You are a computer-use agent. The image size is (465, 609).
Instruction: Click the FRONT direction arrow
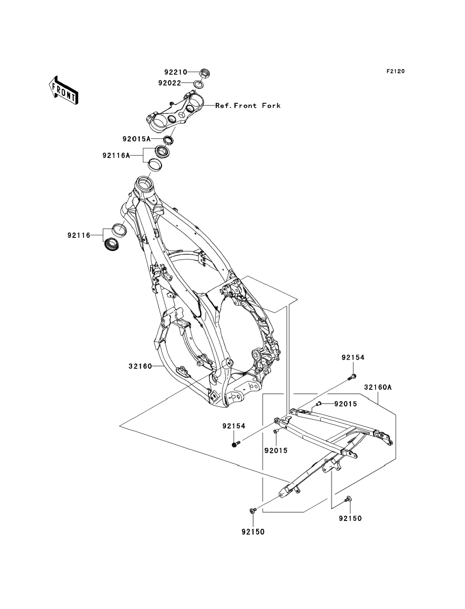pyautogui.click(x=63, y=90)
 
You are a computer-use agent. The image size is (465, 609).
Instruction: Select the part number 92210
pyautogui.click(x=176, y=72)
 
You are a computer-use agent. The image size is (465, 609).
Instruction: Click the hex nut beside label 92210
pyautogui.click(x=205, y=73)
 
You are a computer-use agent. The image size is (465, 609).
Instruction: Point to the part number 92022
pyautogui.click(x=170, y=83)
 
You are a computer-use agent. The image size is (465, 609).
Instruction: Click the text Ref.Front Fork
pyautogui.click(x=248, y=105)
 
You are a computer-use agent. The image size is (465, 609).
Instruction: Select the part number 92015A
pyautogui.click(x=137, y=139)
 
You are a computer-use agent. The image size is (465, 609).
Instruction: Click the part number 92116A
pyautogui.click(x=116, y=155)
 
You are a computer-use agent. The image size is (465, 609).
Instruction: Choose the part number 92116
pyautogui.click(x=79, y=235)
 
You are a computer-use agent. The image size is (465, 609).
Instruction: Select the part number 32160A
pyautogui.click(x=378, y=387)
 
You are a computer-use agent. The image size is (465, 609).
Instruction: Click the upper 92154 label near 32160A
pyautogui.click(x=353, y=357)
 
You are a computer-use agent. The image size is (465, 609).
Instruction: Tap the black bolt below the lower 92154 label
pyautogui.click(x=236, y=444)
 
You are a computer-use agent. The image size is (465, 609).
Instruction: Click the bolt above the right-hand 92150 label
pyautogui.click(x=348, y=499)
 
